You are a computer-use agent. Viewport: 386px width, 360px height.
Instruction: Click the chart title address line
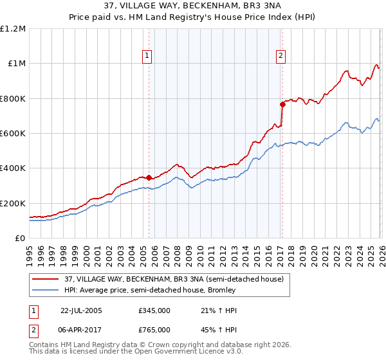pos(192,6)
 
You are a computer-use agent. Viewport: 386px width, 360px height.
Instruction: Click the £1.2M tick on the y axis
pos(13,29)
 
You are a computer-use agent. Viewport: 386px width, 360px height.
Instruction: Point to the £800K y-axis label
pos(13,98)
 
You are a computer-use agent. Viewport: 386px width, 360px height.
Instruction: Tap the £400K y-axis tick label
pos(13,168)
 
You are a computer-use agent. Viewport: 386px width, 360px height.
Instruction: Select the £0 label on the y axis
pos(20,238)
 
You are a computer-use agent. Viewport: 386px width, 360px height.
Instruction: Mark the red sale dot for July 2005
pos(149,177)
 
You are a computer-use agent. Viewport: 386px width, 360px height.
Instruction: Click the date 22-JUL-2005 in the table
pos(82,310)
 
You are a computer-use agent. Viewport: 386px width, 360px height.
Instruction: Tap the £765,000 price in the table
pos(154,329)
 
